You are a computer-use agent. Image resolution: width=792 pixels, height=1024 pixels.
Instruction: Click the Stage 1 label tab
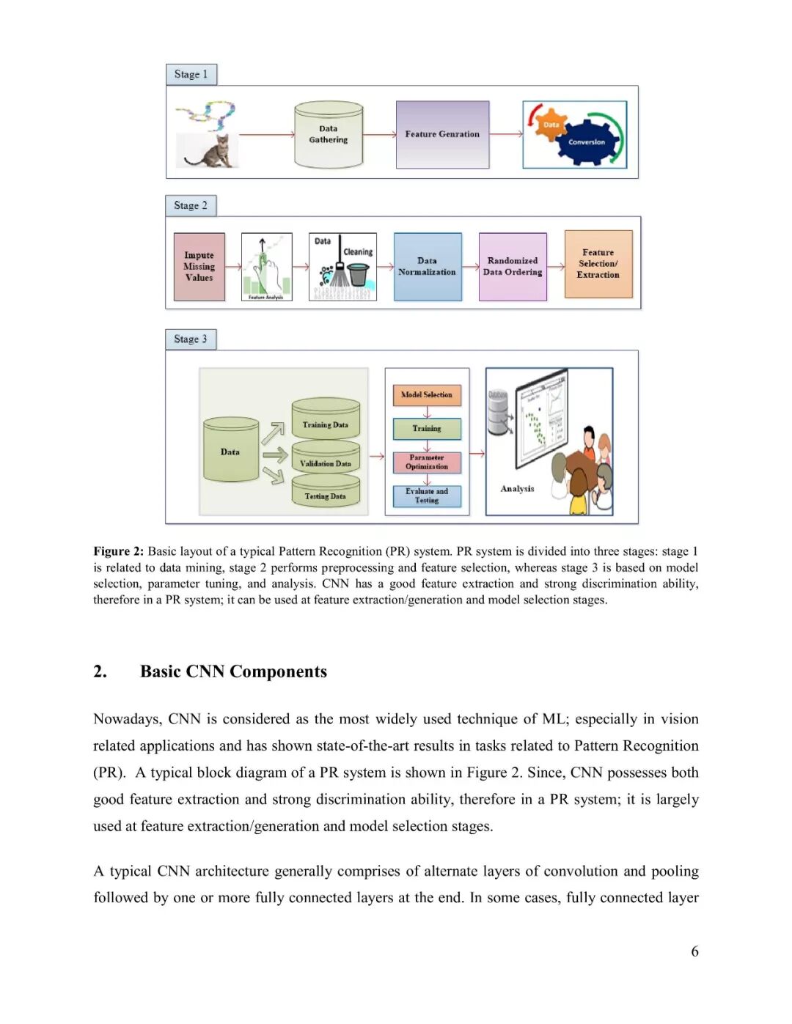pos(191,75)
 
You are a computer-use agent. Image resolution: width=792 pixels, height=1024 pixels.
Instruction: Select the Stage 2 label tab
pos(191,206)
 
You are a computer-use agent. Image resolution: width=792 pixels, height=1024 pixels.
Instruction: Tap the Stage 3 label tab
pos(191,339)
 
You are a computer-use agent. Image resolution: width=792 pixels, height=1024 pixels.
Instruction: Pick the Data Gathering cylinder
pos(329,135)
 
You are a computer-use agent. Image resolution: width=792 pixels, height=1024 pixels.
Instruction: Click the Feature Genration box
pos(442,135)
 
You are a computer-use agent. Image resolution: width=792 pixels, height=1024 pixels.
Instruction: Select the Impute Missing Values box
pos(199,267)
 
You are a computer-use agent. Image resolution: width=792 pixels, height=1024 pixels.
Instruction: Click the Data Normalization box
pos(428,267)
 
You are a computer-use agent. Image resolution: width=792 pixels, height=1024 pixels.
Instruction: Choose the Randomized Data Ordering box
pos(513,267)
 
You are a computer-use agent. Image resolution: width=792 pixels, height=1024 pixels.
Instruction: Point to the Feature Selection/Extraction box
pos(598,264)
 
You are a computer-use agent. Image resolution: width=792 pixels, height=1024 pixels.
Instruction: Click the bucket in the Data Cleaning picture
pos(358,275)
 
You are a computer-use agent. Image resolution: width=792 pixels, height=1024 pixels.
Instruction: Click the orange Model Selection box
pos(427,395)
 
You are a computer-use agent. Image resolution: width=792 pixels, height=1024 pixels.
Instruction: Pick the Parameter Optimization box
pos(427,463)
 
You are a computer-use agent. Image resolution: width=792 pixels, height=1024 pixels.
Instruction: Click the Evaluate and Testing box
pos(427,496)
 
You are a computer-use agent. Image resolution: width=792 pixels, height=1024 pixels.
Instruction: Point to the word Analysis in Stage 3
pos(517,489)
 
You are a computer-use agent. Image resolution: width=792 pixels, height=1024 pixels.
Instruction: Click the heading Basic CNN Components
pos(233,671)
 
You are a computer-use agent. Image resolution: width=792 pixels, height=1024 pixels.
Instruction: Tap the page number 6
pos(694,951)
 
